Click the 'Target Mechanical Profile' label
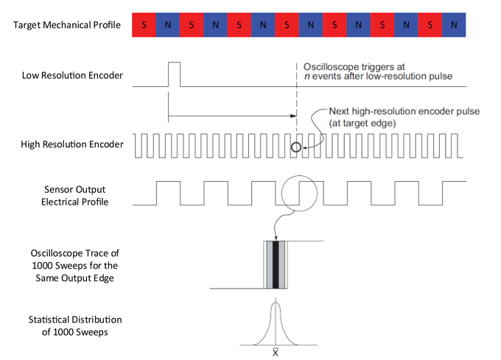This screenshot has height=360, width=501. coord(66,26)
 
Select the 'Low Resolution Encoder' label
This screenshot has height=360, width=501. coord(72,76)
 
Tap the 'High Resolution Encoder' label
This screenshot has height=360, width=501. coord(71,144)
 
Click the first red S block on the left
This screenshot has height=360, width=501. coord(144,26)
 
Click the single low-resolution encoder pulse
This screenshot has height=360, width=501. coord(174,74)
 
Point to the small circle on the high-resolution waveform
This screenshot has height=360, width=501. coord(296,147)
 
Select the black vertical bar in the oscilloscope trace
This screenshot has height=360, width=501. coord(276,264)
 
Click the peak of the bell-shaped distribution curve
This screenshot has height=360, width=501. coord(276,303)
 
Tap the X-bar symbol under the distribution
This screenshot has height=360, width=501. coord(276,352)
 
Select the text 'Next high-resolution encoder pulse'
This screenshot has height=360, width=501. coord(403,111)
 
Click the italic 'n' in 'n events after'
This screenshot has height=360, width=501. coord(307,77)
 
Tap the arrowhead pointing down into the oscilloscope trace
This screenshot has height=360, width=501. coord(276,237)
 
